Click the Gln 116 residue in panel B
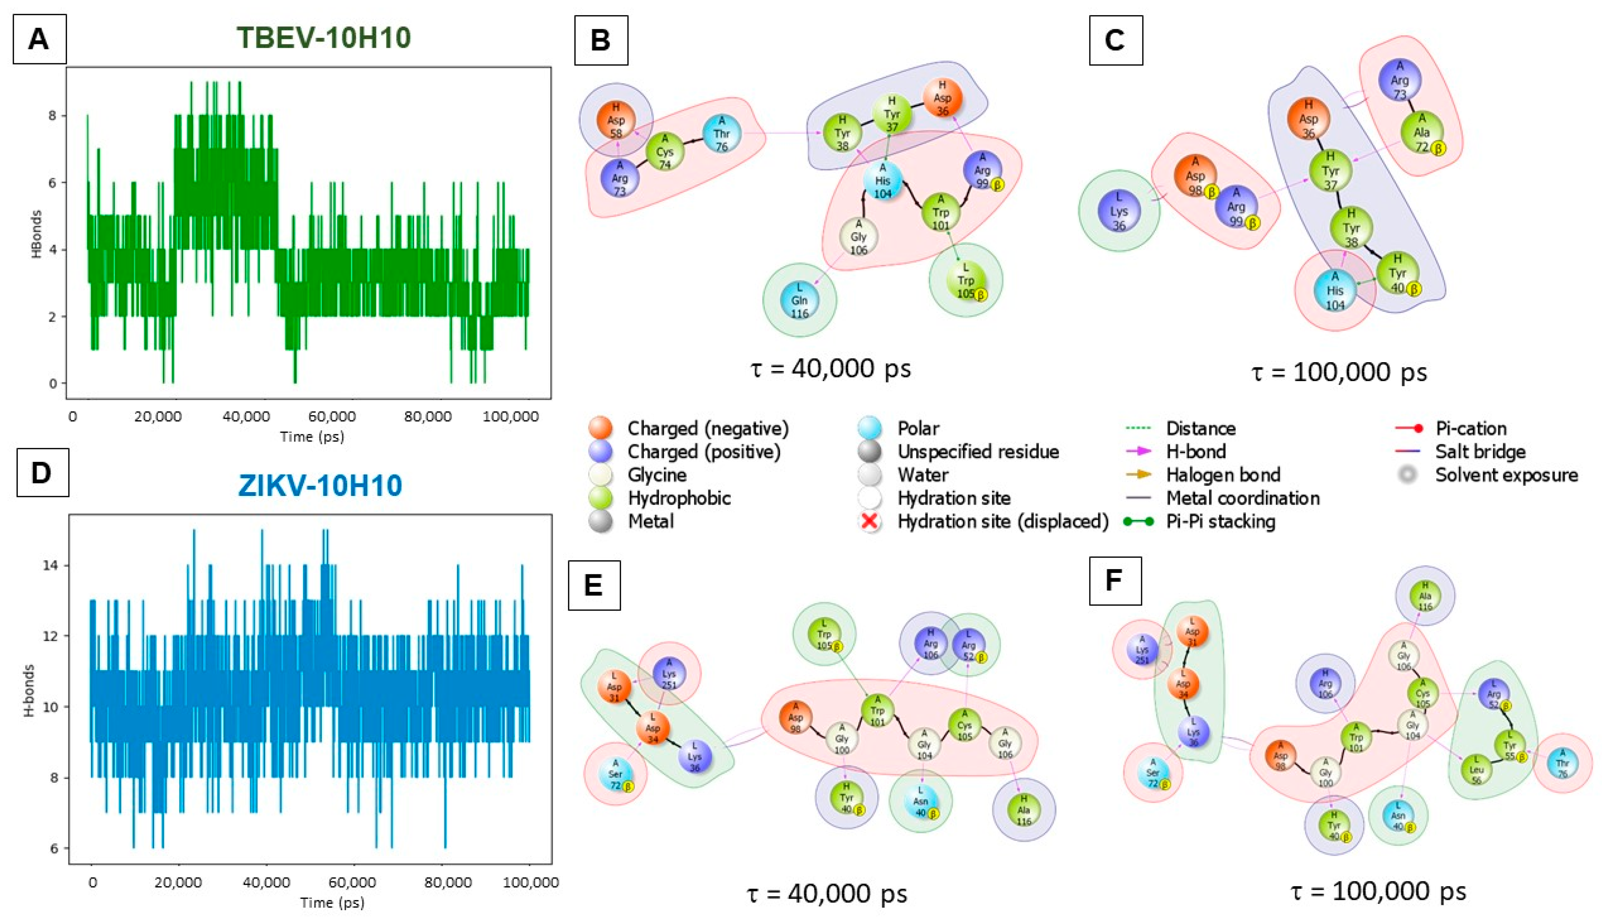(x=799, y=301)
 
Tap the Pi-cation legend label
(x=1471, y=429)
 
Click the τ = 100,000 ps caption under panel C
(x=1339, y=372)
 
